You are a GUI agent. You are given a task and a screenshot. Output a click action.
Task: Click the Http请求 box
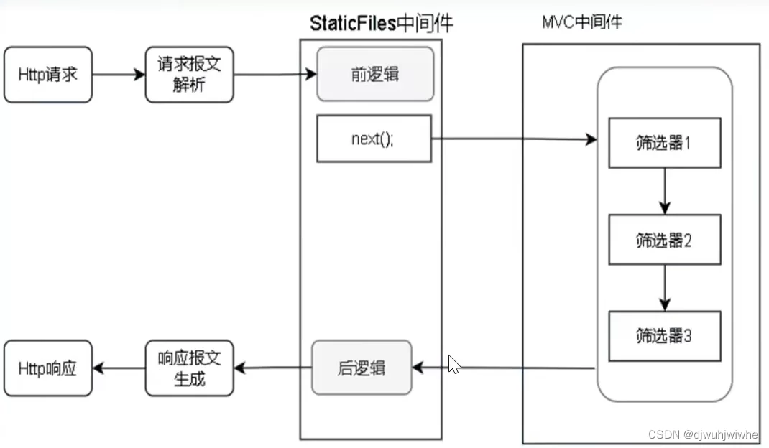point(47,75)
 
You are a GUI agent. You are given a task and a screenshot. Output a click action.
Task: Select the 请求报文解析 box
point(190,75)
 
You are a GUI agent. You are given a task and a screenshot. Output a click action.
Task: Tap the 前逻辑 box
point(375,75)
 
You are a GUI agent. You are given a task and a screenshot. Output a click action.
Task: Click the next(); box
point(374,139)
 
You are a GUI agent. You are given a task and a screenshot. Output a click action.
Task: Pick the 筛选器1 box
point(664,142)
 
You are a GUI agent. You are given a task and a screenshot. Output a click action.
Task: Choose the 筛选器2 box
point(664,240)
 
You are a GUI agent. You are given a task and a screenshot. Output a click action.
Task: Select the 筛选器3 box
point(664,335)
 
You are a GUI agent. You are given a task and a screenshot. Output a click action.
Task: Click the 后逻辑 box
point(362,368)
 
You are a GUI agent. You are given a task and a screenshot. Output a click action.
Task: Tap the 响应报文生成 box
point(190,368)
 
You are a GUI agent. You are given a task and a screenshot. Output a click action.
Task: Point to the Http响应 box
point(47,368)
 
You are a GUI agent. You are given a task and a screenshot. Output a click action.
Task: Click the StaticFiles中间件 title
point(381,24)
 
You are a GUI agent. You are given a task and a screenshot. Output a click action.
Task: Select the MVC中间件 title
point(581,22)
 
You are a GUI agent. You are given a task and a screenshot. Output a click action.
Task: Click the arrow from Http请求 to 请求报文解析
point(119,75)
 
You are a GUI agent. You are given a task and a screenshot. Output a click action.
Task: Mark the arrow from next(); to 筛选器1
point(514,139)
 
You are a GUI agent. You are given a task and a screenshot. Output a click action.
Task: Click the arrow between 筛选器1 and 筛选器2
point(664,191)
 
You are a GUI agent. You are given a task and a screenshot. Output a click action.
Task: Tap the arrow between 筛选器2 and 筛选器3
point(664,287)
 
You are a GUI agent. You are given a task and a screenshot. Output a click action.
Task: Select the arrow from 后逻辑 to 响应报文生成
point(273,368)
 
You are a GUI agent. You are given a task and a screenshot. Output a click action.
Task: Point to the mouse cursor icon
point(453,364)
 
